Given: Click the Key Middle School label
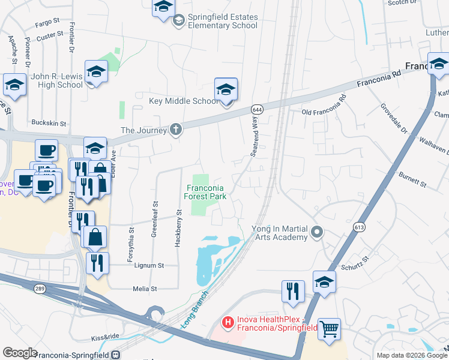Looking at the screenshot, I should pyautogui.click(x=184, y=101).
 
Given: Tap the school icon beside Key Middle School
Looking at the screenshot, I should pyautogui.click(x=226, y=91).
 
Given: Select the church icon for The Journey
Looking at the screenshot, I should pyautogui.click(x=175, y=130).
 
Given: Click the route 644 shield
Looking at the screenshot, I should pyautogui.click(x=257, y=110).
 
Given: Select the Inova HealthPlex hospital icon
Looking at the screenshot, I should pyautogui.click(x=228, y=323).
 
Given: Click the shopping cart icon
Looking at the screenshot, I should pyautogui.click(x=329, y=329).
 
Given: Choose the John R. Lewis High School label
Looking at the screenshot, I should pyautogui.click(x=57, y=80).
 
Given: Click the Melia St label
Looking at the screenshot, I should pyautogui.click(x=145, y=289).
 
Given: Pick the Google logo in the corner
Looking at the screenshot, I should pyautogui.click(x=20, y=353).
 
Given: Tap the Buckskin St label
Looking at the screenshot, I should pyautogui.click(x=47, y=121).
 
